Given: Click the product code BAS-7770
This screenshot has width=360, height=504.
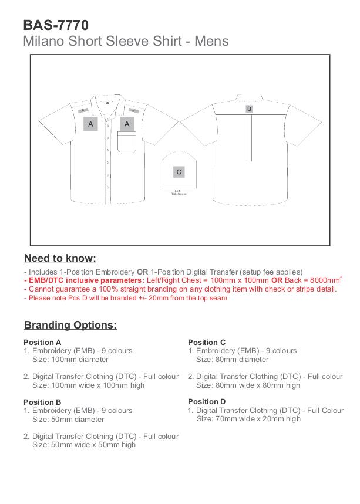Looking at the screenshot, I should (56, 25).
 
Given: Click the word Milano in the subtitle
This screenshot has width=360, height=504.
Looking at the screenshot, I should (42, 41).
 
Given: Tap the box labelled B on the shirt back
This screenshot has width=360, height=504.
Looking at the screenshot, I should (249, 109).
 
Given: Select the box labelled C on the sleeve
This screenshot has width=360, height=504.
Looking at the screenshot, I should (179, 172).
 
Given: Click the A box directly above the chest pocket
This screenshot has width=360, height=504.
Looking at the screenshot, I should (127, 124).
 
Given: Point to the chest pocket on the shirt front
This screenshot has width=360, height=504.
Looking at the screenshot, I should (127, 143).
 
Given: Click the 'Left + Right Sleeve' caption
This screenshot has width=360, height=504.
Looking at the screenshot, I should (179, 192).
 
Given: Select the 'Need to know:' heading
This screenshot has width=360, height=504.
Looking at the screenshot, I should (60, 258).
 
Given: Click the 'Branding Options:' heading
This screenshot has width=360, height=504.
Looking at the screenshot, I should (70, 325).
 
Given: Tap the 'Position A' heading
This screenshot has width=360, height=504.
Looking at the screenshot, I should (42, 342).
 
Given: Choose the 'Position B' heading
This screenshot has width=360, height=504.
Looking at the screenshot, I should (42, 402).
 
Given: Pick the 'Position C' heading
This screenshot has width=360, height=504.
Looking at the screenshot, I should (207, 342).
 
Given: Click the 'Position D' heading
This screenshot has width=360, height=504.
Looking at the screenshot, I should (207, 402).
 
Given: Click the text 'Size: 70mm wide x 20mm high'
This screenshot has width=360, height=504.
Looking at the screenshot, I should (248, 419).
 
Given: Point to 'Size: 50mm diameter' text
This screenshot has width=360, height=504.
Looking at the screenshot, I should (68, 420).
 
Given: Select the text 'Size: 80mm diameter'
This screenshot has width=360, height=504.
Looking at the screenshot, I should (232, 360).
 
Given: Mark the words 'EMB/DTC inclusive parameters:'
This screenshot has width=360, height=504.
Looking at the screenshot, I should (85, 280).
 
